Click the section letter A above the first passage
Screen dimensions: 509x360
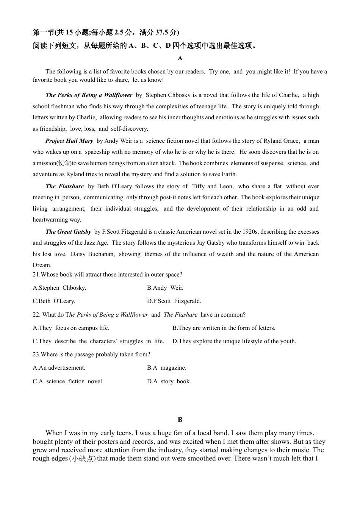[180, 58]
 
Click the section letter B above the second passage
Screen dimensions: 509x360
[180, 420]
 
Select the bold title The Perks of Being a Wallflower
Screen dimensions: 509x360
[89, 95]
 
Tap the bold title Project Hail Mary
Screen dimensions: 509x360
[69, 141]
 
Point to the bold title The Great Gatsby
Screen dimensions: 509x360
[68, 232]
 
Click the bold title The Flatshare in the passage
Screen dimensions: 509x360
[65, 186]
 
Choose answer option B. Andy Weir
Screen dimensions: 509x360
[165, 288]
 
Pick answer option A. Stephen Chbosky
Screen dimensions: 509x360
[59, 288]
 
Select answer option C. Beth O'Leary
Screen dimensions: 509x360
[54, 301]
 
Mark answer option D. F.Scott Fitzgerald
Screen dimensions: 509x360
[174, 301]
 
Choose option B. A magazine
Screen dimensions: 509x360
[167, 368]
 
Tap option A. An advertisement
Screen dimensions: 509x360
[59, 368]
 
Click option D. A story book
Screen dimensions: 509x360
[169, 381]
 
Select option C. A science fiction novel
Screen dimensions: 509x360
[67, 381]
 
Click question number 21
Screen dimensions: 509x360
[36, 275]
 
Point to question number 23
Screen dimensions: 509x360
[36, 354]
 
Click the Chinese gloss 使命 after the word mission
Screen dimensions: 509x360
[64, 163]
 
